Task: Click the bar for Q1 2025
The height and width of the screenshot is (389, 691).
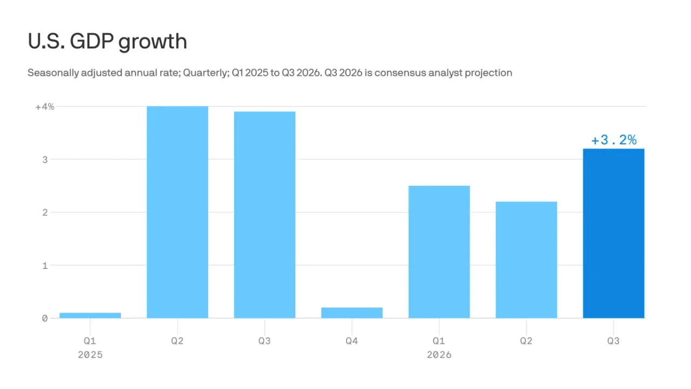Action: [x=90, y=315]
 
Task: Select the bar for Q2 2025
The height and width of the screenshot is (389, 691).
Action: [x=178, y=212]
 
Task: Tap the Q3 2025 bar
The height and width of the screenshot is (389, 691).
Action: [x=265, y=215]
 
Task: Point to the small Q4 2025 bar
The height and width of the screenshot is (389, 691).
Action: [x=352, y=313]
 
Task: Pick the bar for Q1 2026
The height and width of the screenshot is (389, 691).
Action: [x=439, y=252]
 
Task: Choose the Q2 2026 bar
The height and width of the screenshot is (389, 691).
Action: [x=526, y=260]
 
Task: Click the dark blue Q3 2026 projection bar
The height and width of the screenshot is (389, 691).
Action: [x=614, y=233]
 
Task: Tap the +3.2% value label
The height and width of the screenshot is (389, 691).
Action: [x=614, y=140]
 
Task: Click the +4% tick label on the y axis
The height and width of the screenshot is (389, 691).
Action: [x=45, y=107]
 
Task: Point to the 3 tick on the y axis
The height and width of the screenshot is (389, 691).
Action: [x=45, y=159]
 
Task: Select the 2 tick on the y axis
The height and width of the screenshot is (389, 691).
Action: [x=45, y=212]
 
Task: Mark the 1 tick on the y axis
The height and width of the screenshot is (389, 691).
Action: [x=45, y=265]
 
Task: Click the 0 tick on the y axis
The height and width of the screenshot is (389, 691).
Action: [x=45, y=318]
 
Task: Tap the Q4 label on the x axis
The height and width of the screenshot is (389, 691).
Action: [x=352, y=341]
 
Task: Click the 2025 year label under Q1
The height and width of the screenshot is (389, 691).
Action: [x=90, y=355]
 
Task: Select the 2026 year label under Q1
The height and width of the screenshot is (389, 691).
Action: [x=439, y=355]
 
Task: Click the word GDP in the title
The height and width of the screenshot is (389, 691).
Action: [x=92, y=41]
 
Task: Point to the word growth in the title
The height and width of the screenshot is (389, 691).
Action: [x=153, y=42]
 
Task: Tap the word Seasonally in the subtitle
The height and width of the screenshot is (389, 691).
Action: [x=53, y=73]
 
